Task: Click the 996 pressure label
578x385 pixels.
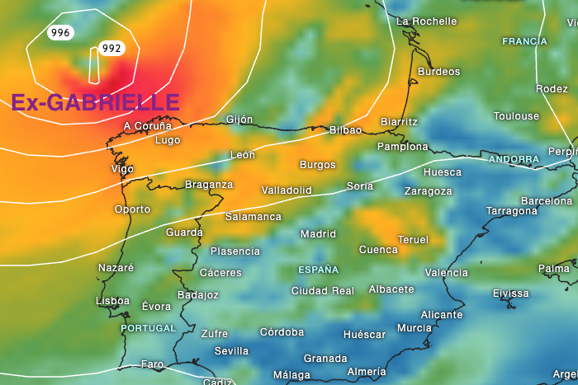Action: [x=60, y=33]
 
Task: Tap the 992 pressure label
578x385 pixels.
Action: [x=111, y=49]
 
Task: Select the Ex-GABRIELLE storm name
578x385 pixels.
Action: [x=95, y=103]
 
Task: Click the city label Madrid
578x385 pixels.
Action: [x=318, y=234]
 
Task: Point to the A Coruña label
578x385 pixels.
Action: [x=147, y=126]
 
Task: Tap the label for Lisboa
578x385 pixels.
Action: [x=113, y=301]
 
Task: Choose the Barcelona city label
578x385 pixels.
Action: [x=546, y=201]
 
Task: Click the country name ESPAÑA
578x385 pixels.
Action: [x=318, y=270]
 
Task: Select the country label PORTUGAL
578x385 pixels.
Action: [x=149, y=328]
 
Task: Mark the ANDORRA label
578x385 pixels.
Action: [x=513, y=159]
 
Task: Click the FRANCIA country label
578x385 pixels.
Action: [x=524, y=41]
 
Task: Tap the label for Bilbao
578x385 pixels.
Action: [x=345, y=130]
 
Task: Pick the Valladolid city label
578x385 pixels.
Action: [x=287, y=190]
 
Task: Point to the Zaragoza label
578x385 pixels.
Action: [x=428, y=191]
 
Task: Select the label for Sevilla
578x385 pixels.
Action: [x=231, y=351]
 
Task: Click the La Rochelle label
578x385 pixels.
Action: [x=426, y=21]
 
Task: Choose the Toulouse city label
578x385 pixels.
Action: [x=516, y=116]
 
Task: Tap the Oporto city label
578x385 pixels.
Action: [x=132, y=209]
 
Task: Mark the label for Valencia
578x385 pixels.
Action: [x=446, y=273]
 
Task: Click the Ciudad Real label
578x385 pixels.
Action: [x=322, y=291]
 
